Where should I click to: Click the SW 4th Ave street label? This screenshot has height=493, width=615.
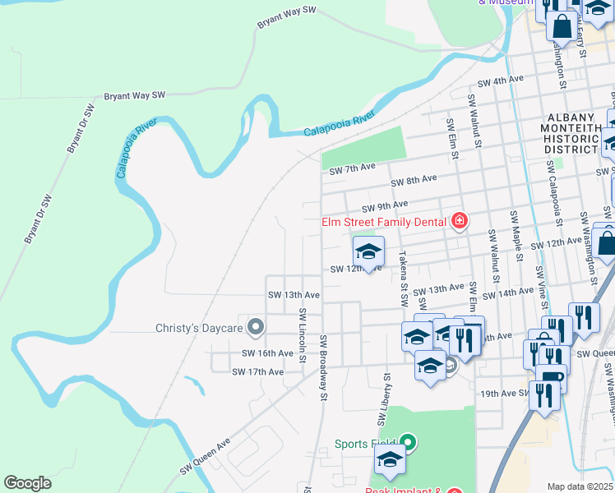pyautogui.click(x=501, y=81)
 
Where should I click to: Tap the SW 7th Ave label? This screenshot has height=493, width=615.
pyautogui.click(x=352, y=168)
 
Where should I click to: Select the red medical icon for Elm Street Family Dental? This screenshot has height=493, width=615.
pyautogui.click(x=459, y=221)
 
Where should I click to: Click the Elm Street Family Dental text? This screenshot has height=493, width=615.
pyautogui.click(x=383, y=221)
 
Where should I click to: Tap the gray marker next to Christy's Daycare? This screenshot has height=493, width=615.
pyautogui.click(x=256, y=328)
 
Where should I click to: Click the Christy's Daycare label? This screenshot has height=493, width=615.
pyautogui.click(x=199, y=328)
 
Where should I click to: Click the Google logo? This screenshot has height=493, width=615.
pyautogui.click(x=27, y=483)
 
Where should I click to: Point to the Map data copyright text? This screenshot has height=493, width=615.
pyautogui.click(x=580, y=486)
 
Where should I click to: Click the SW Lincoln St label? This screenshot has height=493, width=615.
pyautogui.click(x=303, y=339)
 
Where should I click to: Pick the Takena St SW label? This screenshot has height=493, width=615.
pyautogui.click(x=403, y=275)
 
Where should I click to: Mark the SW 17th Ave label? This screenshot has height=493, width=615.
pyautogui.click(x=257, y=372)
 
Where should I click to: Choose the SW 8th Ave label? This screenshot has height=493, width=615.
pyautogui.click(x=414, y=182)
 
